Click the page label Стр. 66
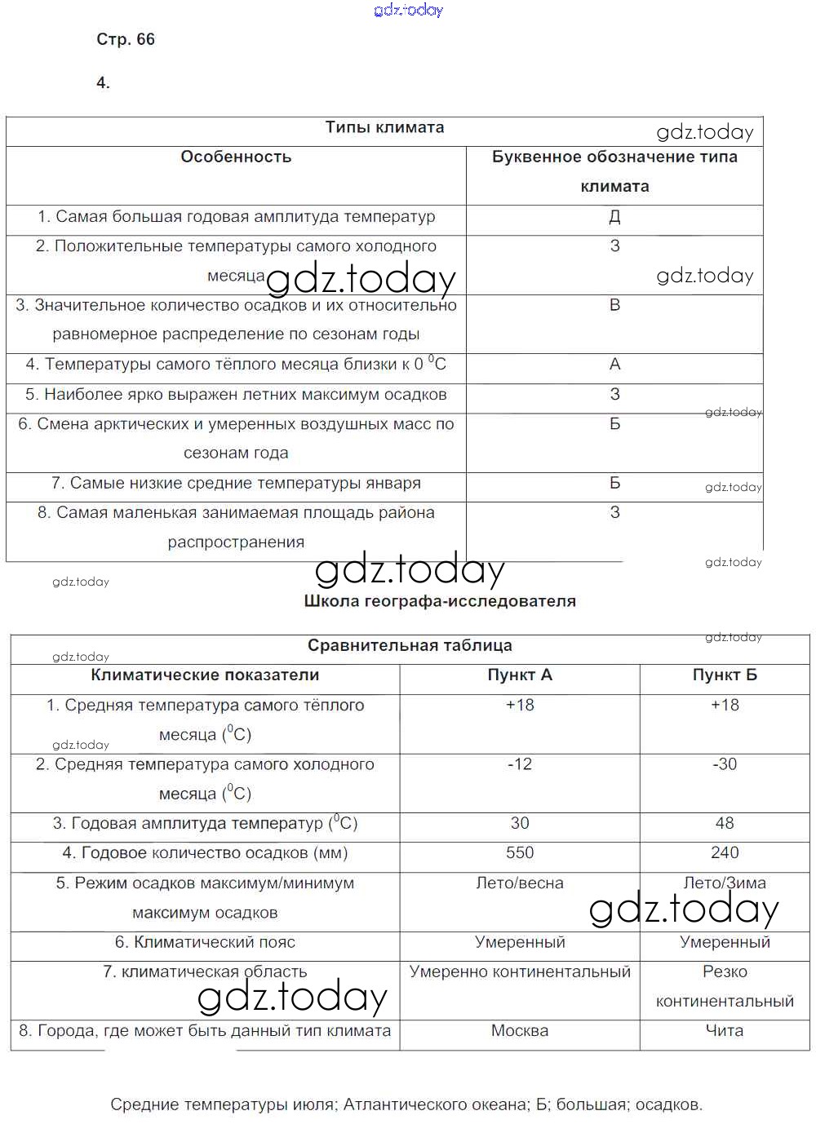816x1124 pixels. [x=126, y=40]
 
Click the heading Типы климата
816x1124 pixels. [x=384, y=127]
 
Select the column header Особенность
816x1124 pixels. [x=236, y=157]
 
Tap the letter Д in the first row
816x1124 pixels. [x=614, y=217]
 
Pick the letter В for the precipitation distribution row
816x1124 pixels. [x=614, y=305]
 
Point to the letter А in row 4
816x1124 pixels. [x=614, y=365]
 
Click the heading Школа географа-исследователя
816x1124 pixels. [x=440, y=601]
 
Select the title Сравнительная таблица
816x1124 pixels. [x=410, y=646]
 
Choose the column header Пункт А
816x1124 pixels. [x=520, y=675]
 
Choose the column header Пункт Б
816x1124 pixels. [x=725, y=675]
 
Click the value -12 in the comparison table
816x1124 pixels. [x=520, y=764]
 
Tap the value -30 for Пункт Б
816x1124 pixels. [x=725, y=764]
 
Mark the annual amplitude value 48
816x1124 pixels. [x=725, y=824]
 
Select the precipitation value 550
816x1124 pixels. [x=520, y=853]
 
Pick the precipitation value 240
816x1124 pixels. [x=725, y=853]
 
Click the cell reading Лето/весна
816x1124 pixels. [x=520, y=883]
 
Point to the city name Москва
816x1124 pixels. [x=520, y=1031]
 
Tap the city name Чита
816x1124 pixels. [x=725, y=1031]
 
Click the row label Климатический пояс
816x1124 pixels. [x=205, y=943]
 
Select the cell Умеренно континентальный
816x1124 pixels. [x=520, y=972]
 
